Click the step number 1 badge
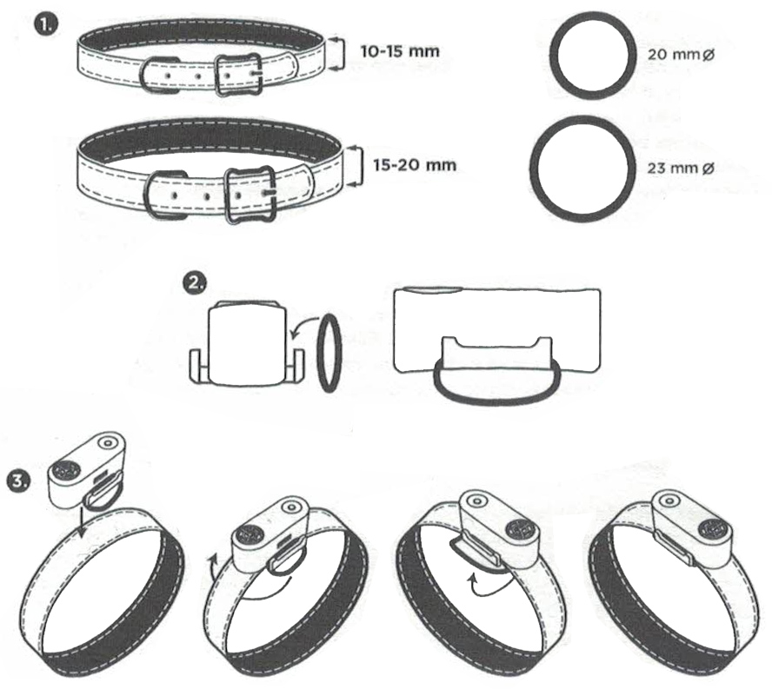(45, 24)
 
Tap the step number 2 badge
(195, 283)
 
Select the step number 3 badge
(19, 480)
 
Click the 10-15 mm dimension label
(400, 51)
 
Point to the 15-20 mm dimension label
(414, 164)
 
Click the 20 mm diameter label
(681, 54)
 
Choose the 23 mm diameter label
(681, 169)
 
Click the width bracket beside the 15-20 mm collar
(361, 166)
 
